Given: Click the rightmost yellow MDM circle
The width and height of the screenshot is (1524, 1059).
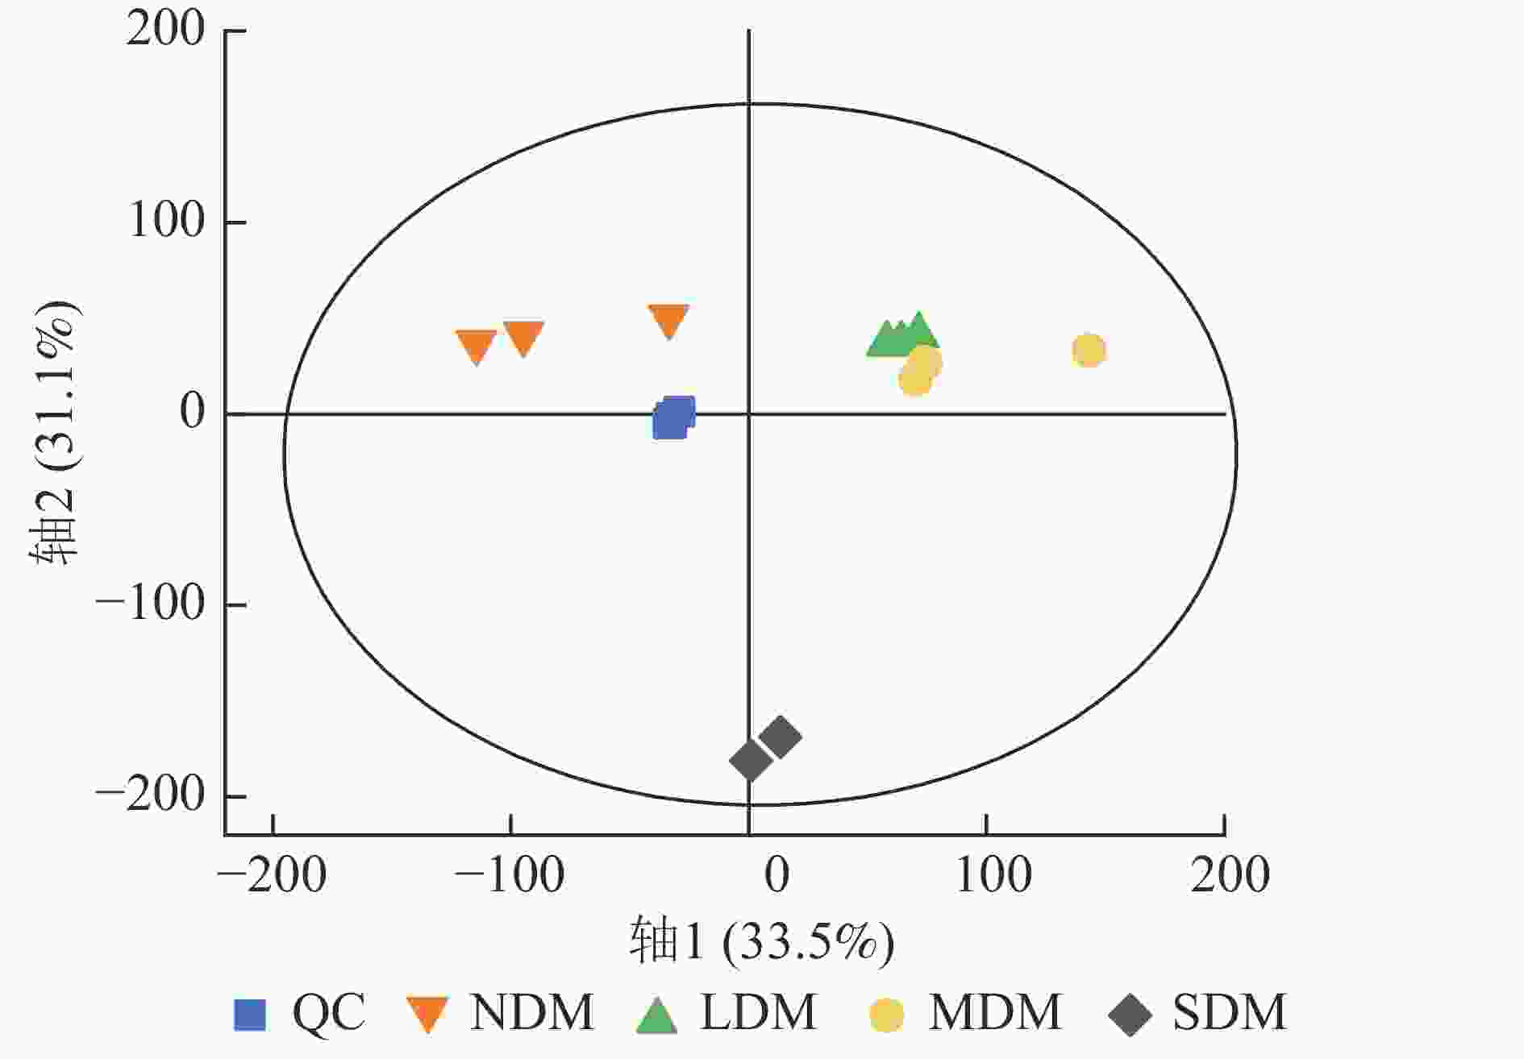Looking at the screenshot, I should pyautogui.click(x=1089, y=351).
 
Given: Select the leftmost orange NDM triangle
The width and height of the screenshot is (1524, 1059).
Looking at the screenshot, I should pyautogui.click(x=477, y=346).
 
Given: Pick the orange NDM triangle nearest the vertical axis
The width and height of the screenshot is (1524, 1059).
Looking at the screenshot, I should pyautogui.click(x=668, y=321).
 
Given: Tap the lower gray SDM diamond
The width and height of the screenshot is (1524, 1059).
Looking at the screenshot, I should pyautogui.click(x=751, y=759).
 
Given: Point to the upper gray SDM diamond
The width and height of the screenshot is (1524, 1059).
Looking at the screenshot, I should pyautogui.click(x=780, y=736).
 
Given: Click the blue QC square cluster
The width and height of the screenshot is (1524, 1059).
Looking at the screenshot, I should pyautogui.click(x=673, y=417).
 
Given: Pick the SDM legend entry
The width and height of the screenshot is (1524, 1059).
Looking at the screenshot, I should pyautogui.click(x=1197, y=1013).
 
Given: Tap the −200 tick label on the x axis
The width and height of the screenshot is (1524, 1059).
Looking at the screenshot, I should pyautogui.click(x=273, y=874).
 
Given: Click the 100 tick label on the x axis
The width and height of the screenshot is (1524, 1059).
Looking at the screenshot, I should pyautogui.click(x=993, y=874).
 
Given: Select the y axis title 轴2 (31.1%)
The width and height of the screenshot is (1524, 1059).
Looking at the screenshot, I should pyautogui.click(x=55, y=434).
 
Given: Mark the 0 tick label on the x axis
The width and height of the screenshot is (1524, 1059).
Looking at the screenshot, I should pyautogui.click(x=777, y=874).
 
